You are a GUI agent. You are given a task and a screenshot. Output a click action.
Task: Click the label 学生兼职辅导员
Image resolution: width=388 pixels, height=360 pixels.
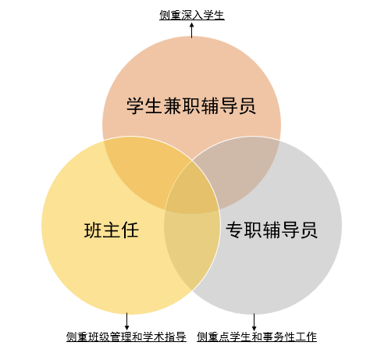[191, 105]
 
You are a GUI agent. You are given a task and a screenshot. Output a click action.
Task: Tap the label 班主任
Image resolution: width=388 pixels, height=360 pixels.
[112, 230]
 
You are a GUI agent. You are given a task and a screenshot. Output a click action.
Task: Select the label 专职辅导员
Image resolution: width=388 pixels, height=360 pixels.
[272, 230]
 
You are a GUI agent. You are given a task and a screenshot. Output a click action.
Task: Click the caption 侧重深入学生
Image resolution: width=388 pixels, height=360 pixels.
[192, 15]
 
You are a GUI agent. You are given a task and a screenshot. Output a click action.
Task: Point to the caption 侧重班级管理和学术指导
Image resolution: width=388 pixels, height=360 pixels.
[126, 337]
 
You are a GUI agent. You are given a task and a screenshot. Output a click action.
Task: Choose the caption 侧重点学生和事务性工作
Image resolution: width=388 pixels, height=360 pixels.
[257, 337]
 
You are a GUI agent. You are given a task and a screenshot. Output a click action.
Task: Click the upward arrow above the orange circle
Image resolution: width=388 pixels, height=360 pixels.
[192, 30]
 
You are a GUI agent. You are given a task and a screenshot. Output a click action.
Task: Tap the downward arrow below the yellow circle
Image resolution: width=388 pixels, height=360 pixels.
[126, 322]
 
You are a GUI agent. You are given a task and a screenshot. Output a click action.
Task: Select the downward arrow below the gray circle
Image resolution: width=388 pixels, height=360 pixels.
[254, 323]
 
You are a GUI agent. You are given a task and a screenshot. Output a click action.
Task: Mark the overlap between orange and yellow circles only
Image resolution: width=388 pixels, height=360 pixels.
[142, 166]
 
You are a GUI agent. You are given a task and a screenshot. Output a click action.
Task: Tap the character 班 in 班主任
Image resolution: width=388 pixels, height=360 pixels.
[93, 230]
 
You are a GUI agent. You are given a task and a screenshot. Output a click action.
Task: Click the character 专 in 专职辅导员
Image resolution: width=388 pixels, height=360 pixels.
[234, 230]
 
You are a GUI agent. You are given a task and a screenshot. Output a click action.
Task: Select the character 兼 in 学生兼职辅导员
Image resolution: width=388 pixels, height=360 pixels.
[173, 106]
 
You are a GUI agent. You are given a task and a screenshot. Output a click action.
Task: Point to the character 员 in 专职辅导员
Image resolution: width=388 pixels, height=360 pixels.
[309, 230]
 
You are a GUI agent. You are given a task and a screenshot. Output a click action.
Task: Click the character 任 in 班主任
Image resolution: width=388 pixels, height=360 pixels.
[130, 230]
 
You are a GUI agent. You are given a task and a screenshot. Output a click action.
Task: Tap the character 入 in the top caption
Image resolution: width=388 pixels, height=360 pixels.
[198, 15]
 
